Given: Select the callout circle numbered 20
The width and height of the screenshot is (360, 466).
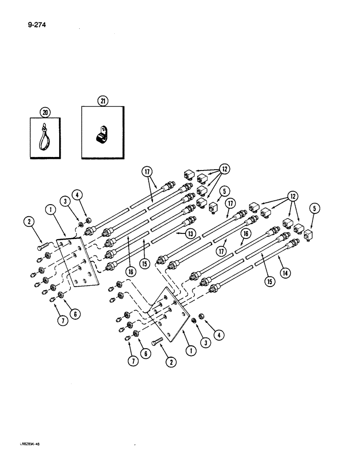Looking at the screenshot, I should [x=45, y=112].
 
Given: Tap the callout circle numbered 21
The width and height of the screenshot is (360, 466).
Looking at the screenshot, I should [x=103, y=100].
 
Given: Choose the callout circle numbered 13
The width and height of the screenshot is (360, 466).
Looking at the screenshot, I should [x=190, y=234].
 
